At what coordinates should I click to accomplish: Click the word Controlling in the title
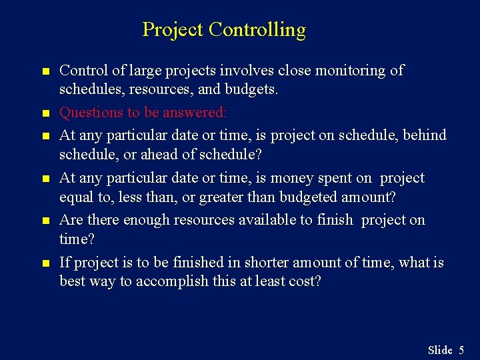[x=257, y=30]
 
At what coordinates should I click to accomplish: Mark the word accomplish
[x=174, y=281]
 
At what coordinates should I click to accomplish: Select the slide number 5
[x=461, y=350]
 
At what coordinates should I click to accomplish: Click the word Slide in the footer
[x=439, y=350]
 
